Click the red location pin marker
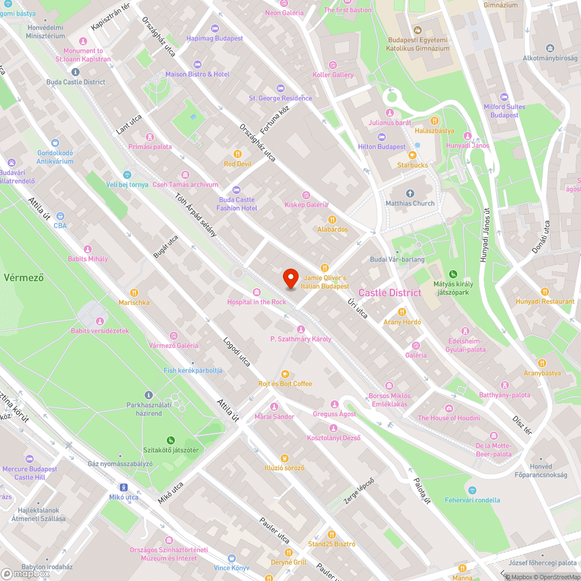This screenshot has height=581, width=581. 290,279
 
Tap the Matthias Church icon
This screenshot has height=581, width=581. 410,193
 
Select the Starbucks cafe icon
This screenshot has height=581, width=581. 413,155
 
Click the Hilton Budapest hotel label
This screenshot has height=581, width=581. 382,147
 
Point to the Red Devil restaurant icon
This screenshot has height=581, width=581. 237,154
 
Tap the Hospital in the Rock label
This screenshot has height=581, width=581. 256,302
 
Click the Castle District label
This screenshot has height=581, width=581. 390,293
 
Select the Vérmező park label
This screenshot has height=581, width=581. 24,277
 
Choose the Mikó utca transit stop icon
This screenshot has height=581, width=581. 124,487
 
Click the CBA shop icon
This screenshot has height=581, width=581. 60,216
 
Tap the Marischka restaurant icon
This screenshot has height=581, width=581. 134,293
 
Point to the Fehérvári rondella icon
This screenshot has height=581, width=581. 472,490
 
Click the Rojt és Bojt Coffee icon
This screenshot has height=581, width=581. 285,374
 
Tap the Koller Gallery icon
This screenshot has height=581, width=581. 332,65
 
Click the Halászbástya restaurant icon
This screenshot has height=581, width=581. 434,121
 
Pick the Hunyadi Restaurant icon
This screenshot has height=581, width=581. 545,292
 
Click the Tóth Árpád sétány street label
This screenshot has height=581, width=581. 196,215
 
